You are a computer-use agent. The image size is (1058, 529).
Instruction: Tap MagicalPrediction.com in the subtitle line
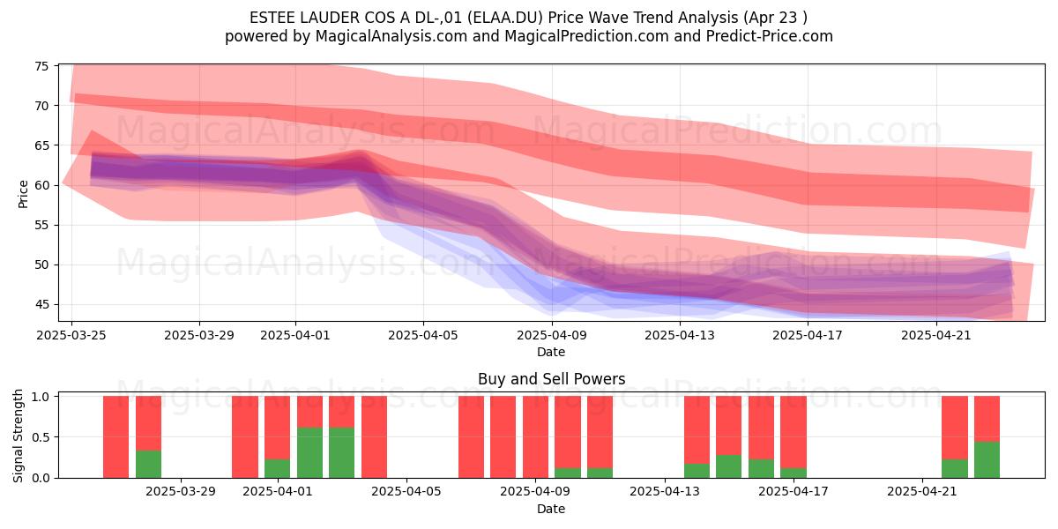586,36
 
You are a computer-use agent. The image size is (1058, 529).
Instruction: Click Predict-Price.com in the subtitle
770,36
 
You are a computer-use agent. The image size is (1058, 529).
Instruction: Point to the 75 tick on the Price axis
41,66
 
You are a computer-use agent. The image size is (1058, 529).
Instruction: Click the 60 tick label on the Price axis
41,185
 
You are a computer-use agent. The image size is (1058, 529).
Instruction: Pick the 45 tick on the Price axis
41,305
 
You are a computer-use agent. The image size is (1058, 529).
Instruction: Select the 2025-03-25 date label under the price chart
71,335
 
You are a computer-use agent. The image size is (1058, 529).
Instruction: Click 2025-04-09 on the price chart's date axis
552,335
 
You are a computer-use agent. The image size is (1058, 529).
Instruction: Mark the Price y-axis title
23,194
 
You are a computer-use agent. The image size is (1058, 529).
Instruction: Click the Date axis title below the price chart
551,352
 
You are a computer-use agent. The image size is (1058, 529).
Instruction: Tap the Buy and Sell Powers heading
551,379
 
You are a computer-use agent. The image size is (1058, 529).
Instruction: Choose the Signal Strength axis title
18,436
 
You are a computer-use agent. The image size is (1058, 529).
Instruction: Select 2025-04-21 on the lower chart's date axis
921,492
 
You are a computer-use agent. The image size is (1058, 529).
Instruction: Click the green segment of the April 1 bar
277,468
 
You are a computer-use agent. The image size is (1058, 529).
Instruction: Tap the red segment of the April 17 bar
793,432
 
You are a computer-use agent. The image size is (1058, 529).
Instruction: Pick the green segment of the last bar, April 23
987,459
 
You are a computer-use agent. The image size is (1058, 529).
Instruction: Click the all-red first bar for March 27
115,437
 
